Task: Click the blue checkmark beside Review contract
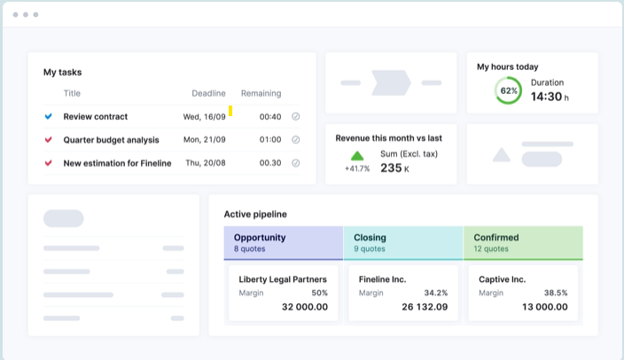point(48,116)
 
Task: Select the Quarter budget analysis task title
point(111,139)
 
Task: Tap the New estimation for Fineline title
point(117,163)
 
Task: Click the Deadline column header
point(208,93)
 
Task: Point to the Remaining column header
point(261,93)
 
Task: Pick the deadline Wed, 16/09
point(204,116)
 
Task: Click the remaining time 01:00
point(270,139)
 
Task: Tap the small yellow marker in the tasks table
point(230,111)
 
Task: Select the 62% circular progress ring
point(509,90)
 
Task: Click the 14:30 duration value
point(546,97)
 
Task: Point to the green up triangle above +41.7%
point(357,155)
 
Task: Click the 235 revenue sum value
point(391,168)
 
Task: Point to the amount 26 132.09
point(425,307)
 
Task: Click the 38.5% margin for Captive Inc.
point(556,293)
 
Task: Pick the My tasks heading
point(63,72)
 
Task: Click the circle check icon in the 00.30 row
point(296,163)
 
